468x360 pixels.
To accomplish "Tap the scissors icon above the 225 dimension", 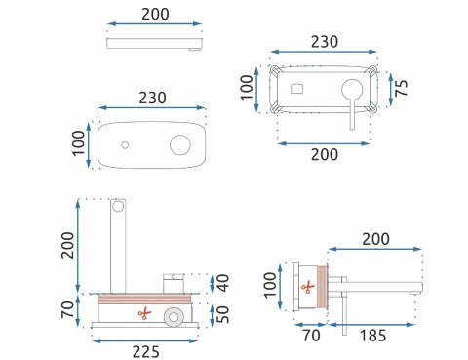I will point(144,313).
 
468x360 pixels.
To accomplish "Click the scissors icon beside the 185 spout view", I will point(308,287).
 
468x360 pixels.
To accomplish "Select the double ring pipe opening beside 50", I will point(174,315).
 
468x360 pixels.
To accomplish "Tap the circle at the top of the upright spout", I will point(119,206).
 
